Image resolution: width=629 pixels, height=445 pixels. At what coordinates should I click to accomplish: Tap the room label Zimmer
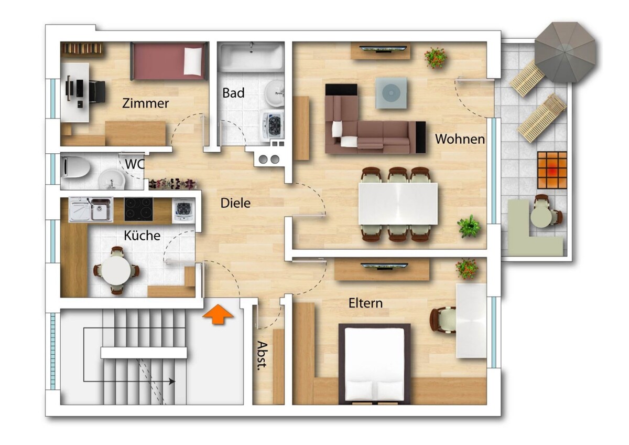coord(146,103)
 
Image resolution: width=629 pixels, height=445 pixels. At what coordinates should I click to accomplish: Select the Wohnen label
coord(460,139)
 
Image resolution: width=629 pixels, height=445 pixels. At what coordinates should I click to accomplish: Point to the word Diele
coord(235,203)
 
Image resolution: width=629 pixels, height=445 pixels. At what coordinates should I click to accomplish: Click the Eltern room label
coord(366,303)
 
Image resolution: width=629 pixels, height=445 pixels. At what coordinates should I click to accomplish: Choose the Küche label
coord(142,236)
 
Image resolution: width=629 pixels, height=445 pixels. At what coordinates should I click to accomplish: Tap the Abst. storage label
coord(262,355)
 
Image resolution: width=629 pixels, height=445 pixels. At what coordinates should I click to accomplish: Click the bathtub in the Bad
coord(251,57)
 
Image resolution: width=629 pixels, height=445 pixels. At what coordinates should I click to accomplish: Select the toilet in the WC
coord(75,167)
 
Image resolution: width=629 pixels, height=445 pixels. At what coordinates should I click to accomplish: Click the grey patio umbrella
coord(567,52)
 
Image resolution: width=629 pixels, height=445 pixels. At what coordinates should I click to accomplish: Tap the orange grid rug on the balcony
coord(552,171)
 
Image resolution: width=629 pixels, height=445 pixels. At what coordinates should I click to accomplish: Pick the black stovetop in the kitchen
coord(139,209)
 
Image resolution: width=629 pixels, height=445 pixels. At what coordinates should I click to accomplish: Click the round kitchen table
coord(116,271)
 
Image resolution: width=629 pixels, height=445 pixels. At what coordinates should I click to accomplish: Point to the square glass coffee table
coord(391,93)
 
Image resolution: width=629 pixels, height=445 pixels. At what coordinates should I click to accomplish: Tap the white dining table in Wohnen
coord(398,204)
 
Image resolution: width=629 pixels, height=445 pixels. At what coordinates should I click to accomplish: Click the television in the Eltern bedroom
coord(384,266)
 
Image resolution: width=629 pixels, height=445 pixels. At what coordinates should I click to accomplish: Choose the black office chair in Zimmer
coord(97,92)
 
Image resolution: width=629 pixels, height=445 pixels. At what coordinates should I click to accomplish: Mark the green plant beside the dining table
coord(469,226)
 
